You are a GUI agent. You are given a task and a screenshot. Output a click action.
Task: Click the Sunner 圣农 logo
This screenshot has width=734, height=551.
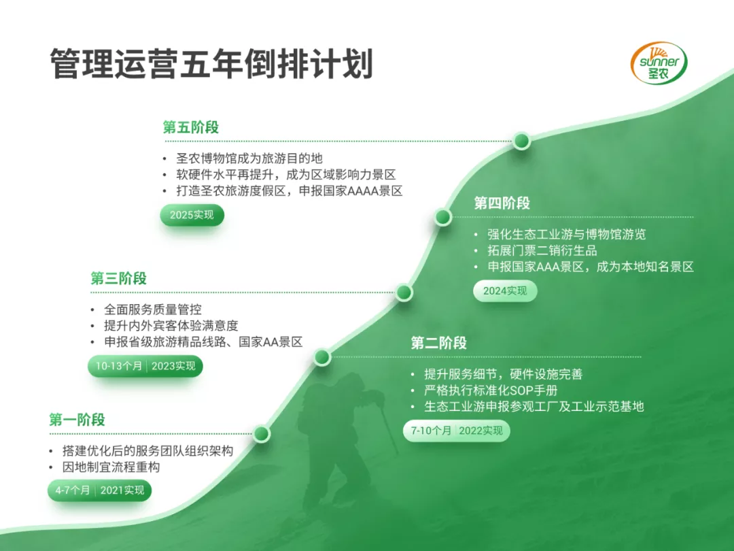point(659,63)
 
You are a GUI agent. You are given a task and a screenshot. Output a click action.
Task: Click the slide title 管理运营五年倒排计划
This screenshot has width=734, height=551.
point(211,64)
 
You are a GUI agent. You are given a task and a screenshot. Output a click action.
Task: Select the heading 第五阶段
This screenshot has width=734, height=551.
point(191,127)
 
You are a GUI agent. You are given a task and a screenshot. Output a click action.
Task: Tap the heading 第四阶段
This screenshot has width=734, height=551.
point(502,203)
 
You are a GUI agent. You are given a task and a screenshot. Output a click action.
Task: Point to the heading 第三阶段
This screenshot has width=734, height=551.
point(118,278)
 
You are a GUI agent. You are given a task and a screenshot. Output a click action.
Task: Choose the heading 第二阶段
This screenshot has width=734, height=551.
point(438,343)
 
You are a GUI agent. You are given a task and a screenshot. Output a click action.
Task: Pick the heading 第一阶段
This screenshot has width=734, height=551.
point(77,419)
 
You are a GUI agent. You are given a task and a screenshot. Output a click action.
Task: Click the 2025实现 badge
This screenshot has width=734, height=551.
point(192,215)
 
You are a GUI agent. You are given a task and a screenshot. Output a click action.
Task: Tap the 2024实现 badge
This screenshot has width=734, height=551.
point(505,291)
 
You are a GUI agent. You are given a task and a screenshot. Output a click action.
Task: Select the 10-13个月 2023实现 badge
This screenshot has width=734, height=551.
point(145,366)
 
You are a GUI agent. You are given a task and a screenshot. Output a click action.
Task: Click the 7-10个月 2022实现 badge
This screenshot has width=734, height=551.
point(457,431)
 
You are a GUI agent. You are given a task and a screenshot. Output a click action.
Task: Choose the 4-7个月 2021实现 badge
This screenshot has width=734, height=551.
point(100,490)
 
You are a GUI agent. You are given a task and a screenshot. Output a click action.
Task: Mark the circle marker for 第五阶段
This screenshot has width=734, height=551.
point(521,141)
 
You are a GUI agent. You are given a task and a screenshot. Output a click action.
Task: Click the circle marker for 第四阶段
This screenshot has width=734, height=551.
point(443,217)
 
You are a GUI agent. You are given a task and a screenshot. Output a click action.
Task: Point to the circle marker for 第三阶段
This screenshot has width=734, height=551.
point(404,293)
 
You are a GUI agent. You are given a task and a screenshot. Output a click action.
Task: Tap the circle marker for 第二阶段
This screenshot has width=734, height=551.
point(322,357)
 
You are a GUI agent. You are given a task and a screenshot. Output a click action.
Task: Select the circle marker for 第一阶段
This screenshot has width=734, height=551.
point(262,433)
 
